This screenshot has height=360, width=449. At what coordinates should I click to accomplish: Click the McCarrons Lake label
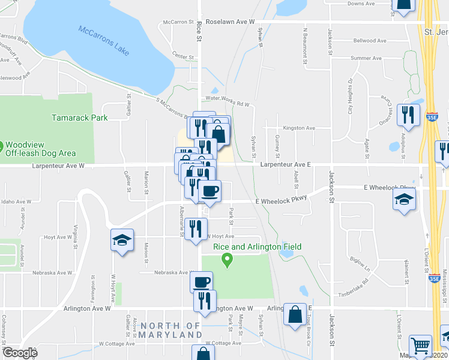(103, 40)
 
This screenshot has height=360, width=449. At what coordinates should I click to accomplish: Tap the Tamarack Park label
(80, 118)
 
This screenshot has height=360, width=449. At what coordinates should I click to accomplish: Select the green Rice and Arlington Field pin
(227, 260)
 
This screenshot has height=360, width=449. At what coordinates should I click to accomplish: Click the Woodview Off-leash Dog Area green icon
(2, 146)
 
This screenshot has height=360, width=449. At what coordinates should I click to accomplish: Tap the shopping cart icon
(420, 346)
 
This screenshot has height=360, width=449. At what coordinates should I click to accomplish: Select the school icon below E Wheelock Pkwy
(405, 200)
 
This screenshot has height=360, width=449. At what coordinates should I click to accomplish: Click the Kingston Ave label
(298, 128)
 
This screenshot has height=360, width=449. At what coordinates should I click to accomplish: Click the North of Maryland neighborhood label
(171, 329)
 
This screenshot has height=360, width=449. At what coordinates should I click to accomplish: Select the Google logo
(19, 352)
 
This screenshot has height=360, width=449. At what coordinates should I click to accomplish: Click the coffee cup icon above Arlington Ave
(201, 280)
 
